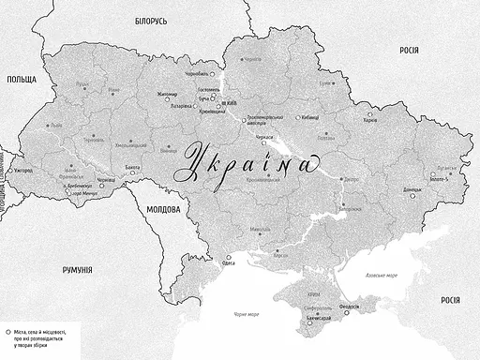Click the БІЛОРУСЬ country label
[x=150, y=20]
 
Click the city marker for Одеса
[x=227, y=258]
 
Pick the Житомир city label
[x=167, y=94]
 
